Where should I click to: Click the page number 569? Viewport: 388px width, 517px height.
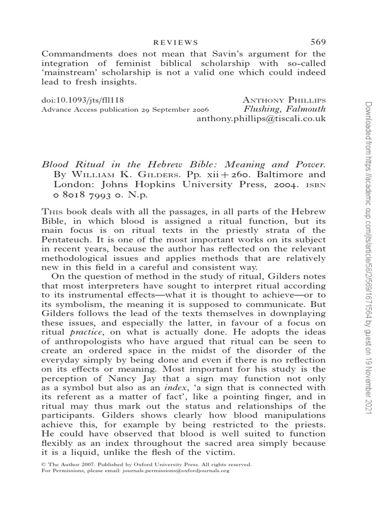(x=317, y=42)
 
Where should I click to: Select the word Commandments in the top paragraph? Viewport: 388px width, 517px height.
(x=73, y=54)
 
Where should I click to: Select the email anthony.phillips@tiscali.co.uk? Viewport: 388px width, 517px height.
(x=261, y=119)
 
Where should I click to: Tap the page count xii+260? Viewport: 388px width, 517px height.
(x=215, y=174)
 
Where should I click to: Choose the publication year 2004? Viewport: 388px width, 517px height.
(x=274, y=184)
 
